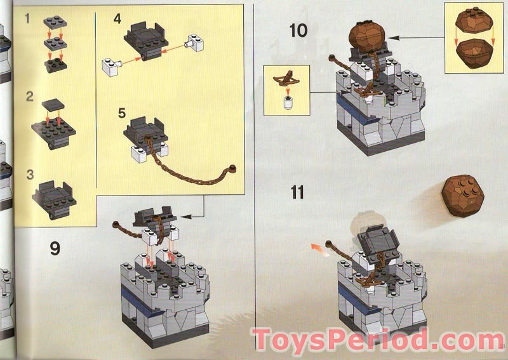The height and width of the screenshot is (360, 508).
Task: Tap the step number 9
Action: pos(55,248)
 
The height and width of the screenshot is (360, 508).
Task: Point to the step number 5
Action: pos(122,114)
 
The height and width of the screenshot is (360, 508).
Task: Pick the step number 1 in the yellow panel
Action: pos(27,18)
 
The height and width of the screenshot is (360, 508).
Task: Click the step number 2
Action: pos(29,97)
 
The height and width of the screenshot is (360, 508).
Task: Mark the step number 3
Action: pos(29,173)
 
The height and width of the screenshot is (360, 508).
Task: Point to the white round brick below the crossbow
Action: pos(286,102)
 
